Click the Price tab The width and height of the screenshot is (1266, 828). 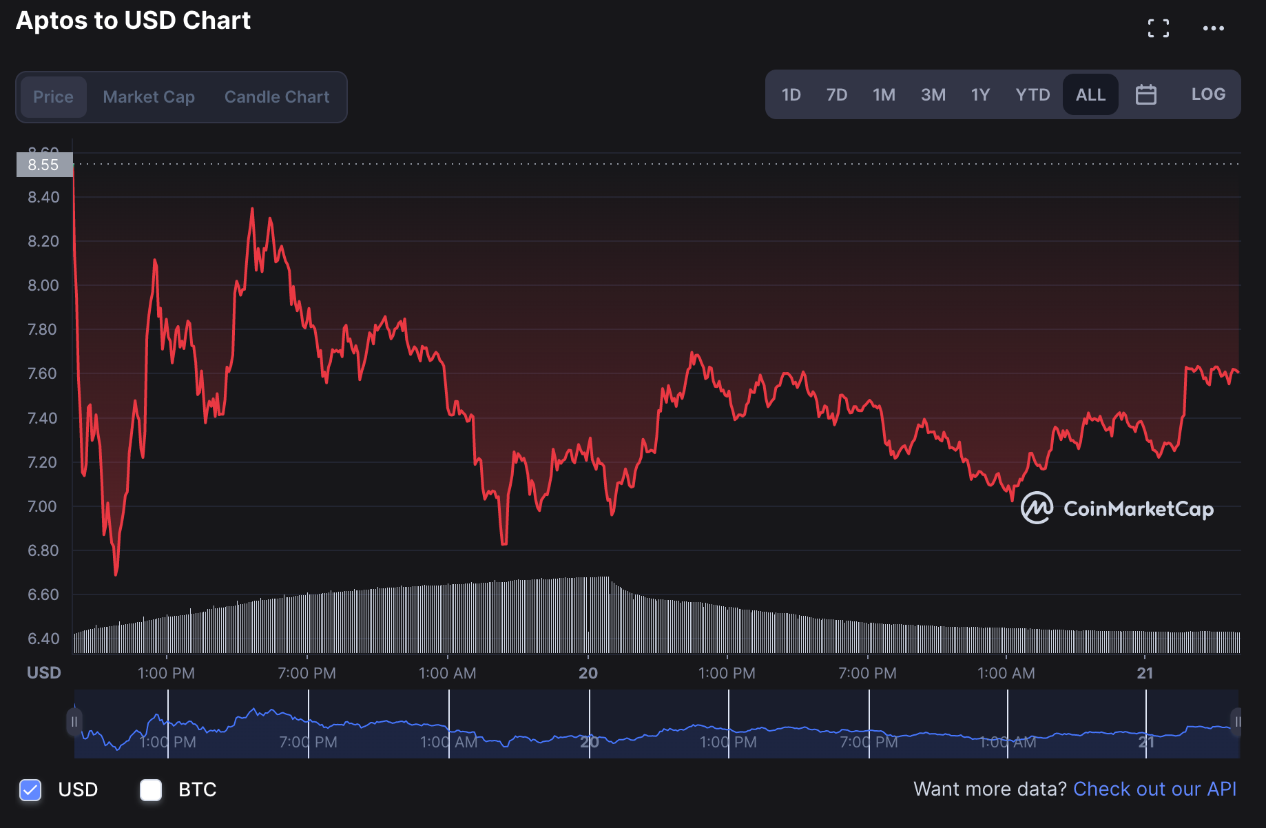pos(53,97)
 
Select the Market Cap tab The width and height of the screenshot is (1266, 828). pos(149,97)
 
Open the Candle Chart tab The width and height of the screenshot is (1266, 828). pos(277,97)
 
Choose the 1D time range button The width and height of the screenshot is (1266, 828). pos(791,94)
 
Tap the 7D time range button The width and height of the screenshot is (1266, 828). pos(837,94)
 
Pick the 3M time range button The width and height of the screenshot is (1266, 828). pos(933,94)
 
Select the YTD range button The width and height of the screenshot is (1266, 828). pos(1032,94)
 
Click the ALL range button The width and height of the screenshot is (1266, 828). pos(1090,94)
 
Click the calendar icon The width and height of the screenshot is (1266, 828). pos(1146,94)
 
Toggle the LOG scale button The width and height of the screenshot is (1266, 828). pos(1208,94)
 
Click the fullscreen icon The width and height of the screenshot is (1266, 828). pos(1159,28)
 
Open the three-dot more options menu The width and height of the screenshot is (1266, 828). pos(1214,28)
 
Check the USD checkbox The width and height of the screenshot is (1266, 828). pos(30,790)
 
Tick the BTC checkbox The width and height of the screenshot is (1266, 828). pos(151,790)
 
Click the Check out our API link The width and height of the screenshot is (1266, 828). pos(1154,789)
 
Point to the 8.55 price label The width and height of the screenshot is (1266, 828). pos(43,165)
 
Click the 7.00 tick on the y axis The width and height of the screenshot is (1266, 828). pos(43,506)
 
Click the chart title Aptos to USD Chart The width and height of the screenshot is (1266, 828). pos(133,21)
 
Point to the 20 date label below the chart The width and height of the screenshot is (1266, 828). pos(588,673)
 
